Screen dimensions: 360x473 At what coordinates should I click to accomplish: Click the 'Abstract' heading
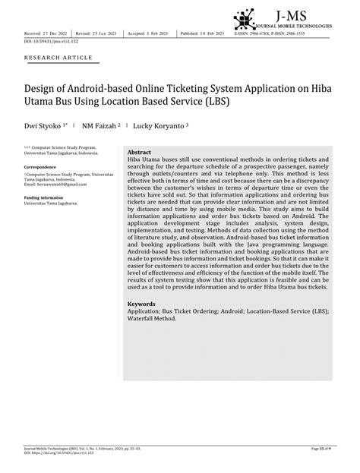(140, 151)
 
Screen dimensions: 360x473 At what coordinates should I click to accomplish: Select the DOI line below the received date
(47, 42)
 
